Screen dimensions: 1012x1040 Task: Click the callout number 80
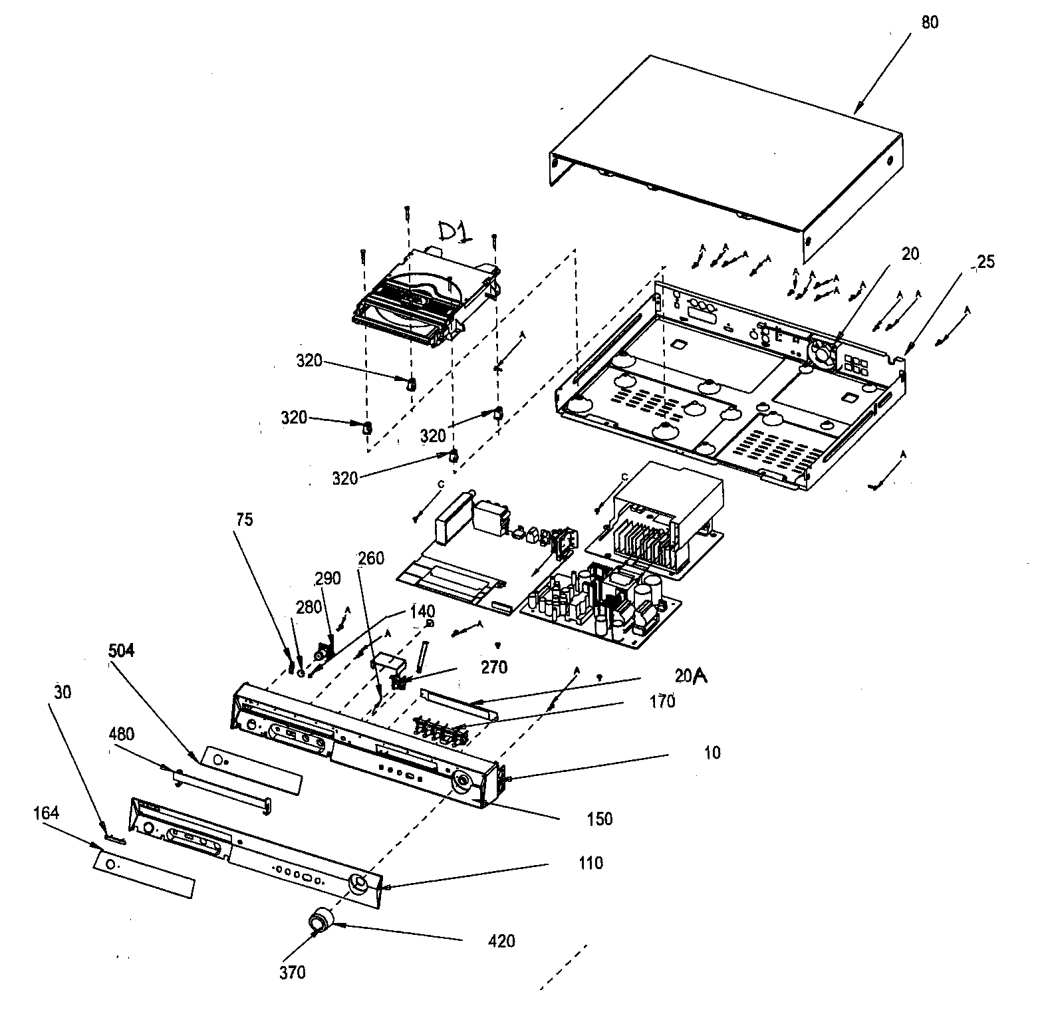pos(930,22)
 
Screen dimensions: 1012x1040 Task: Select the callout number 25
pos(986,262)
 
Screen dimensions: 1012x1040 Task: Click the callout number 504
pos(121,650)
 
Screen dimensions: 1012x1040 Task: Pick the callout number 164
pos(46,813)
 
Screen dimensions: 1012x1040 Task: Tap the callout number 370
pos(292,972)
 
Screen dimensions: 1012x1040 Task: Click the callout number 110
pos(590,863)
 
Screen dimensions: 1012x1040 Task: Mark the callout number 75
pos(244,519)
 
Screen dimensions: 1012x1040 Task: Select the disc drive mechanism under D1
pos(426,296)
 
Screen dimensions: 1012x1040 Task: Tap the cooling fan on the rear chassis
pos(823,352)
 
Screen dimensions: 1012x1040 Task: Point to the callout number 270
pos(494,667)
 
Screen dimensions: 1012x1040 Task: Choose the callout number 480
pos(121,735)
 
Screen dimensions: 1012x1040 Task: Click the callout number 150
pos(599,819)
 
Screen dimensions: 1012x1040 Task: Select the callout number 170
pos(662,701)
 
